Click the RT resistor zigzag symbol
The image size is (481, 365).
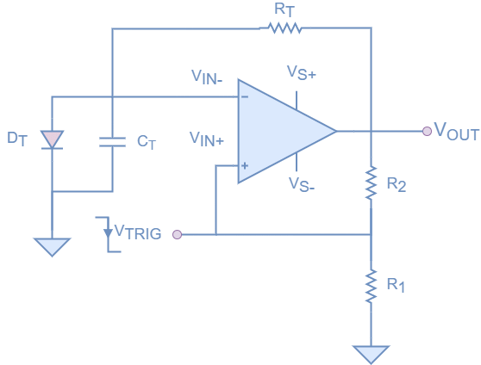(285, 28)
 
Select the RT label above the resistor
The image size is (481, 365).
(284, 9)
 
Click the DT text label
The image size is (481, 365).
(17, 139)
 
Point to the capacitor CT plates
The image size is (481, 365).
(112, 141)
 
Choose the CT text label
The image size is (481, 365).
(147, 142)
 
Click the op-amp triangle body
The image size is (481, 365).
(280, 132)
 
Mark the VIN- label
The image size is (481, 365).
(207, 76)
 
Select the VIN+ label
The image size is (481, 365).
(207, 139)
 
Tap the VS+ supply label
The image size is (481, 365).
(302, 74)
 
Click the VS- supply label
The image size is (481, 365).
(302, 184)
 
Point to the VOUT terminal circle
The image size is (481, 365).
(427, 131)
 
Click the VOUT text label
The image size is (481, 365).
(455, 131)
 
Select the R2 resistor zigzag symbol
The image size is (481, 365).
(371, 182)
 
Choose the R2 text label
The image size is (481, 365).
(397, 183)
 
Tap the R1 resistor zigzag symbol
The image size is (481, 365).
(371, 285)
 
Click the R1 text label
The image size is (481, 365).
(396, 284)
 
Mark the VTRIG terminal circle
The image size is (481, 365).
(178, 234)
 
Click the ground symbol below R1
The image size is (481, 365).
(371, 354)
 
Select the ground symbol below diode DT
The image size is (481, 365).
(52, 247)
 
